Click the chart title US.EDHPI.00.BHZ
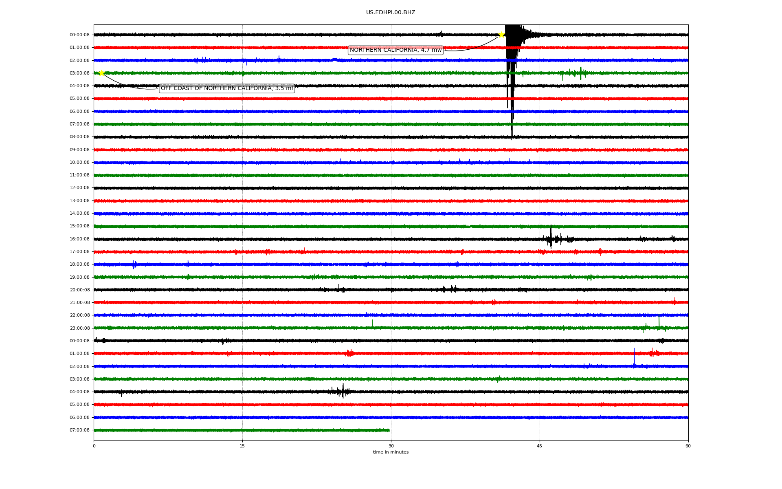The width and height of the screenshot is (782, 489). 391,13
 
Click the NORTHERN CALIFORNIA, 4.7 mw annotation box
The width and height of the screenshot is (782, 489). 395,50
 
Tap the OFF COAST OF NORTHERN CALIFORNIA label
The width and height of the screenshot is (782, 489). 226,88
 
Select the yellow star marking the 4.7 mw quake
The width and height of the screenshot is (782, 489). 501,35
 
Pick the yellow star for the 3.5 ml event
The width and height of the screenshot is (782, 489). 101,73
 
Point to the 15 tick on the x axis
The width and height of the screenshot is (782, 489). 242,446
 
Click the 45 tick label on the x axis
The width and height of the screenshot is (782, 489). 539,446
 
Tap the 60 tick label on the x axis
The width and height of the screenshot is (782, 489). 688,446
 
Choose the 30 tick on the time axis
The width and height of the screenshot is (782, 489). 391,446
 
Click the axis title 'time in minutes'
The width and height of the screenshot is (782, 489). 391,452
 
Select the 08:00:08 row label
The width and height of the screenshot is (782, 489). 79,137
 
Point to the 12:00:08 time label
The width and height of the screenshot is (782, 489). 79,188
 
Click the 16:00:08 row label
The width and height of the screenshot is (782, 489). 79,239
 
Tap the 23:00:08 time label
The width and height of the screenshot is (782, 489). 79,328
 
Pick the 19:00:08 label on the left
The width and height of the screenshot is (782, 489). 79,277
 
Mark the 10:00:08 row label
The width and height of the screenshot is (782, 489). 79,163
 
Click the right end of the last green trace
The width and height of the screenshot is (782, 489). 389,430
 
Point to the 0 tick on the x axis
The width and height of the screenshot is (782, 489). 94,446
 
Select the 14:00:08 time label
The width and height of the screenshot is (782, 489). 79,214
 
